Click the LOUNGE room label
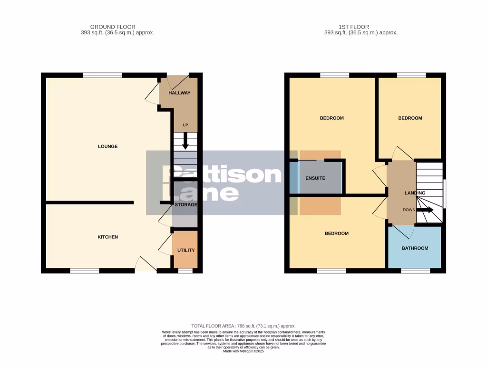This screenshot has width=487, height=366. click(x=107, y=146)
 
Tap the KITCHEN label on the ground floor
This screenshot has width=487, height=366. click(x=107, y=237)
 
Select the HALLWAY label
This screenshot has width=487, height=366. click(x=179, y=93)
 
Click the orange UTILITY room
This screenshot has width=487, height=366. click(x=185, y=250)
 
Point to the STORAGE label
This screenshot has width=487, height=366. click(x=185, y=204)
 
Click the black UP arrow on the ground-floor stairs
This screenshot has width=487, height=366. click(x=185, y=143)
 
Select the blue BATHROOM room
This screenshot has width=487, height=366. click(x=415, y=248)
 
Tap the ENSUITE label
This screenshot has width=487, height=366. click(x=315, y=178)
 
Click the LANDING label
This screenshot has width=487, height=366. click(x=415, y=193)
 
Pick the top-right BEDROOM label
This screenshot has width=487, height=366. click(x=410, y=118)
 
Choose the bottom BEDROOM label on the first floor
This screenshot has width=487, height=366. click(x=336, y=234)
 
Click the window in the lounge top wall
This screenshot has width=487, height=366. click(x=102, y=75)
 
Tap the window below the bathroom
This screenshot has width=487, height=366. click(x=415, y=271)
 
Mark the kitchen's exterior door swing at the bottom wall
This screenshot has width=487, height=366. click(x=146, y=265)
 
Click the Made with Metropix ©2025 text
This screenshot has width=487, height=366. click(x=243, y=351)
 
